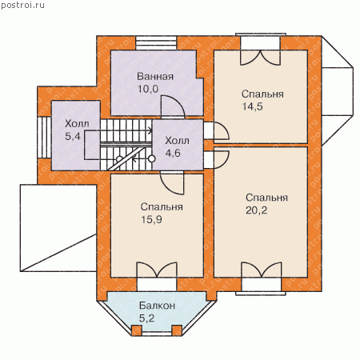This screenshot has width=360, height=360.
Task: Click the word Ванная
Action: click(155, 77)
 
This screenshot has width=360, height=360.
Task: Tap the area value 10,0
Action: click(148, 89)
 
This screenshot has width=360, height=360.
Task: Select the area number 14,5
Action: click(252, 106)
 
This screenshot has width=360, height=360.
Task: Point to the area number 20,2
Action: click(256, 210)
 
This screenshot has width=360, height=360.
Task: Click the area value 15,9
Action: click(151, 219)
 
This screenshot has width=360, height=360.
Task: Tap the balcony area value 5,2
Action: click(146, 318)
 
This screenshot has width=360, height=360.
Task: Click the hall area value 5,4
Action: click(73, 136)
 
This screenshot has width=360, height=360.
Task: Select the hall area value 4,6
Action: click(173, 153)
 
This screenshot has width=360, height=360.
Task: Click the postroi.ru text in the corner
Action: click(23, 6)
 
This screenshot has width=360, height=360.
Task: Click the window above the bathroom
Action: click(156, 42)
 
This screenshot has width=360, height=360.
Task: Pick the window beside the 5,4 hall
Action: click(44, 138)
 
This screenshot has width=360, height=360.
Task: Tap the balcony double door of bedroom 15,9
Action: click(157, 270)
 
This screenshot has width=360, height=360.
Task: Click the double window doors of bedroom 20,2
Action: click(262, 270)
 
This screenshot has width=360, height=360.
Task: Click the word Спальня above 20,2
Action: click(266, 198)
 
